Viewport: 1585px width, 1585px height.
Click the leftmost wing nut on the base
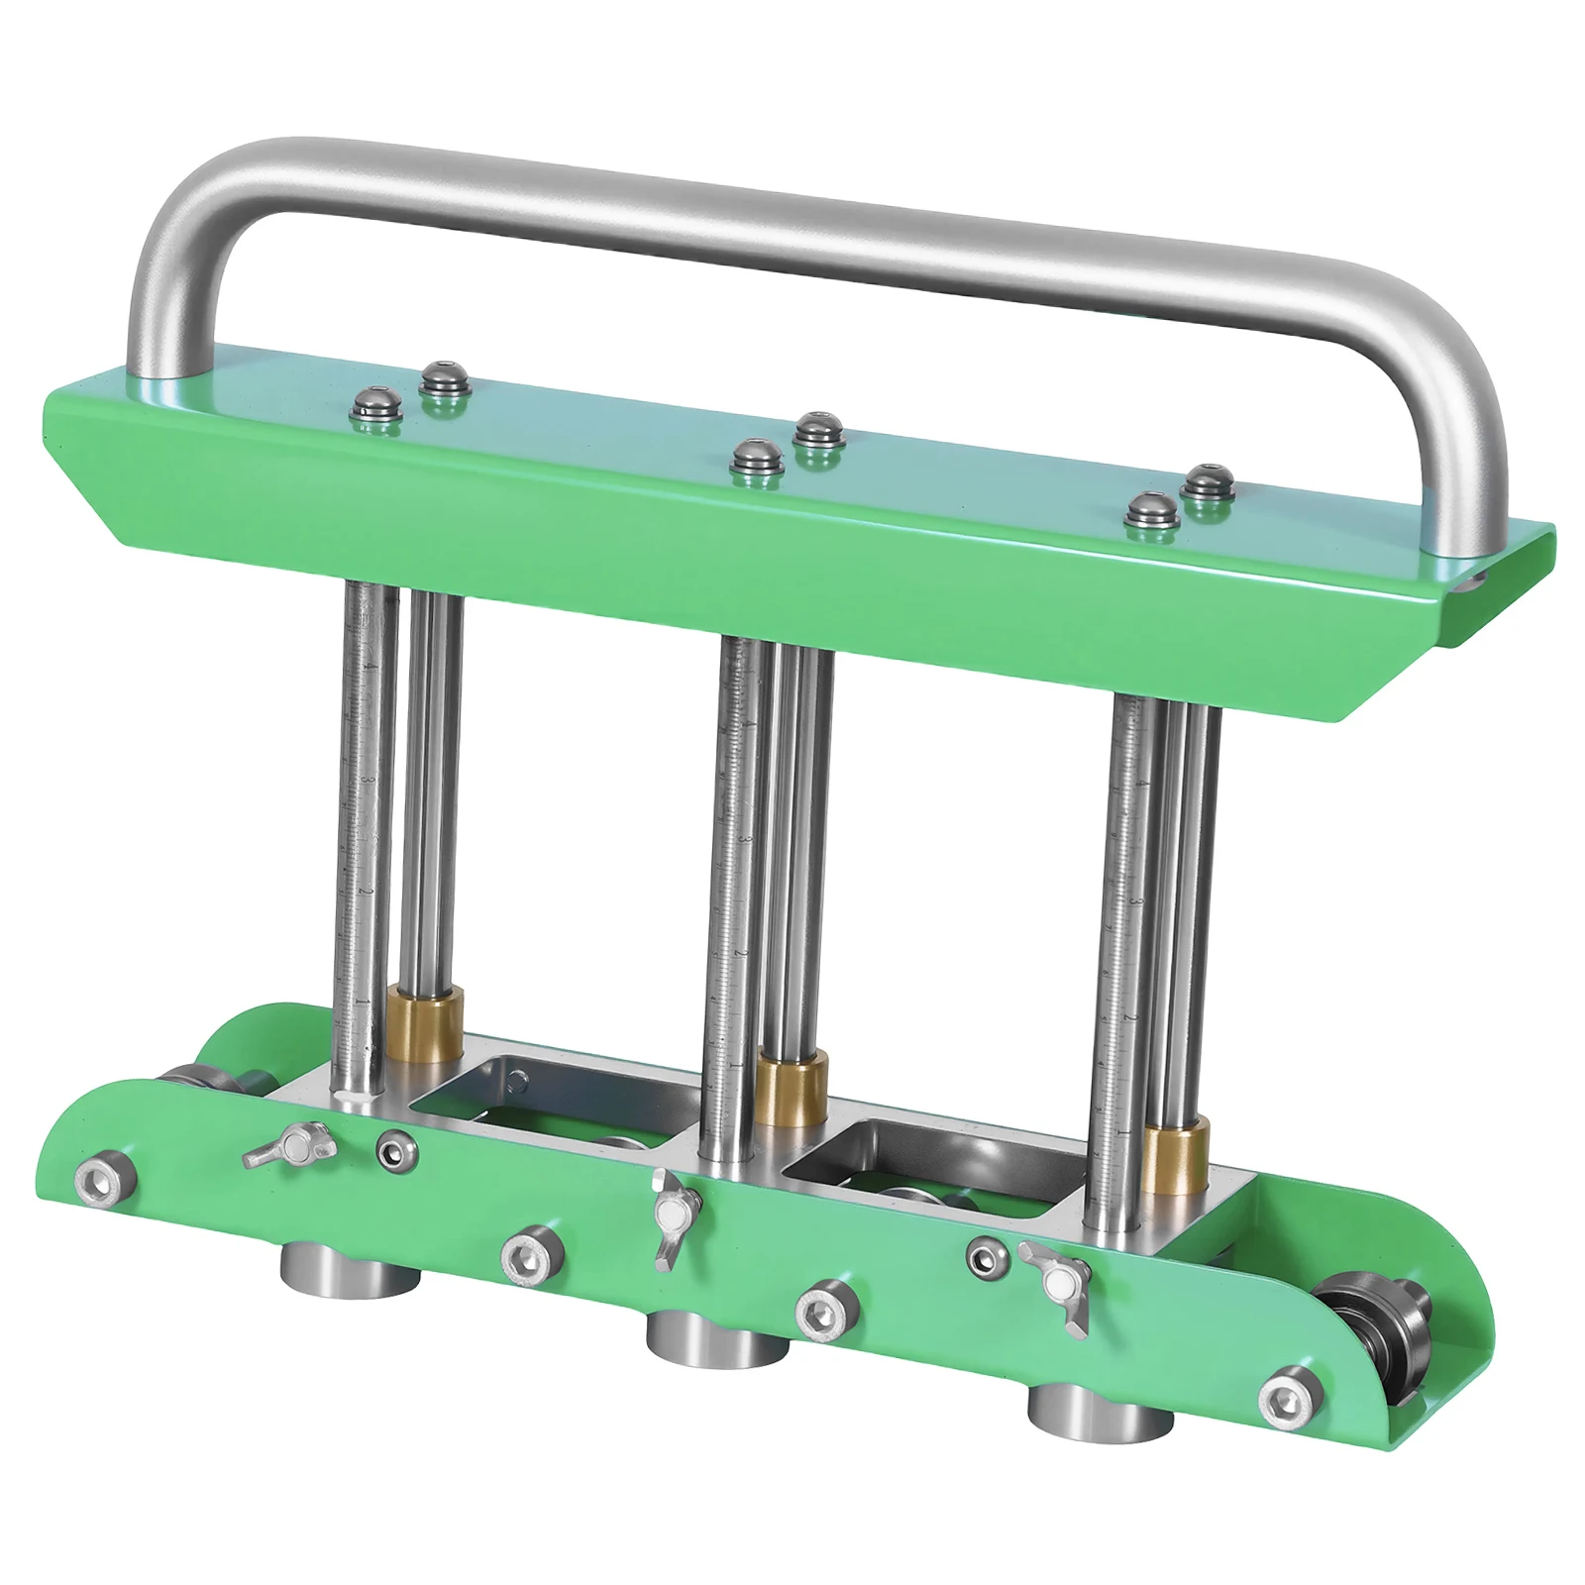click(x=288, y=1149)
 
